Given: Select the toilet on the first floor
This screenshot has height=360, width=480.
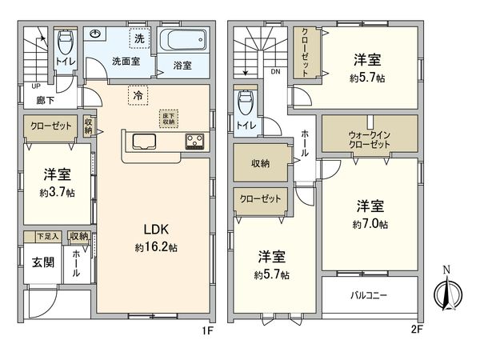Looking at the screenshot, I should pos(66,40).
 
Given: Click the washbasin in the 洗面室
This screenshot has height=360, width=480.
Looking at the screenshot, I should pos(97,34).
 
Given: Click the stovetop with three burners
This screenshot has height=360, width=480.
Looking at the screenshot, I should pos(194,142).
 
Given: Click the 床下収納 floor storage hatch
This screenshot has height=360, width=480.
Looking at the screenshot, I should pos(168,118).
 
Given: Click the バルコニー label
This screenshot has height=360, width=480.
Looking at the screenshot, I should pos(370,295).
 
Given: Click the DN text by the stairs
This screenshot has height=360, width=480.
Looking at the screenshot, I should pos(274,72).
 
